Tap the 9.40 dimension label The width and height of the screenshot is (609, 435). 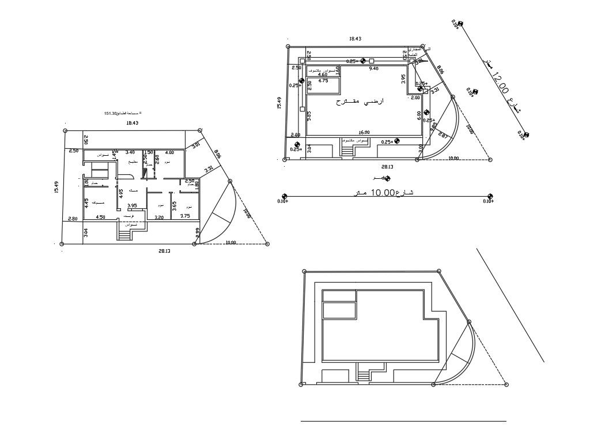[x=373, y=69]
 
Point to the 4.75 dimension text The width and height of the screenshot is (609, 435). [x=323, y=81]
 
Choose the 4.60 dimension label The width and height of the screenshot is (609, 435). [x=323, y=74]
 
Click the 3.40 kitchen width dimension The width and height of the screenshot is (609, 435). [x=130, y=152]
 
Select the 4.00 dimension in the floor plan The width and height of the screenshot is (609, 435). [x=169, y=152]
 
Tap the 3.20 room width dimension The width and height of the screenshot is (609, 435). [x=160, y=217]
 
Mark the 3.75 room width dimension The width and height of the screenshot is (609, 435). [x=185, y=216]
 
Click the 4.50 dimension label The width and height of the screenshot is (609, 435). [x=100, y=217]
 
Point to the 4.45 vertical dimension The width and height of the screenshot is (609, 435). [x=86, y=202]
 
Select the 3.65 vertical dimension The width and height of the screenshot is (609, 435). [x=174, y=206]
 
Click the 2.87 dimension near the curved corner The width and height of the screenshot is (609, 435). [x=442, y=136]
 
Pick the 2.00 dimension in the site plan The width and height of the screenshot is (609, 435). [x=415, y=98]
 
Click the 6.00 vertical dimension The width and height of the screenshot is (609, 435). [x=419, y=115]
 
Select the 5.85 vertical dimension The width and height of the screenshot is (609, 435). [x=309, y=115]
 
